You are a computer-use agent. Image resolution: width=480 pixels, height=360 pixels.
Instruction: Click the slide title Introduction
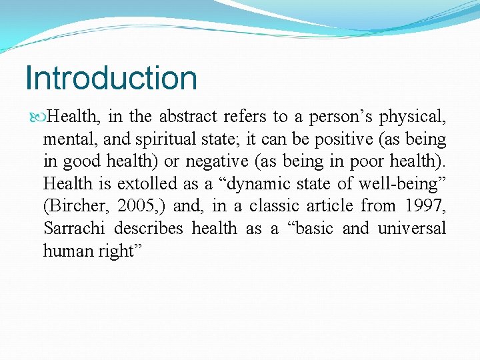point(111,78)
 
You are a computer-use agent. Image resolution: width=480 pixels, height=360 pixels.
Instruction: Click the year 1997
point(423,206)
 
